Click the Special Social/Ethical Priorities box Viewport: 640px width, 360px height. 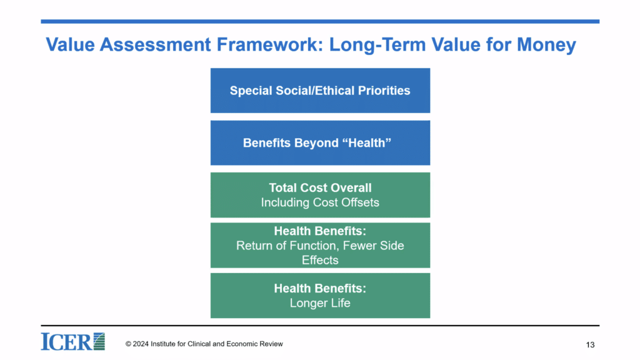point(320,91)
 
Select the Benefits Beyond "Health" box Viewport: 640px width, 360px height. point(320,143)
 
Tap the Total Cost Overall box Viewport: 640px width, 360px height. point(320,195)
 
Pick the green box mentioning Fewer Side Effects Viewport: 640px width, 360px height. point(320,245)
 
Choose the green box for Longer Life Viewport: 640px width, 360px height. point(320,296)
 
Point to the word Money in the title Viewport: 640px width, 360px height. point(546,45)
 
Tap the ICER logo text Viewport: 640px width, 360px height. point(66,342)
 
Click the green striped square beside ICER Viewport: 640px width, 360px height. point(99,341)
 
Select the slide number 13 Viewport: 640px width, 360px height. point(590,345)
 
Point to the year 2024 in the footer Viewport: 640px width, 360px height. point(141,344)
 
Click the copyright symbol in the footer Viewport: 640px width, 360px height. point(128,344)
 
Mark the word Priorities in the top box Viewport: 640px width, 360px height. point(384,91)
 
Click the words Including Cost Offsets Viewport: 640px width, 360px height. point(320,202)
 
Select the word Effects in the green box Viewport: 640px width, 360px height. point(320,260)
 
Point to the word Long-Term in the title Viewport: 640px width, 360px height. point(377,45)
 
